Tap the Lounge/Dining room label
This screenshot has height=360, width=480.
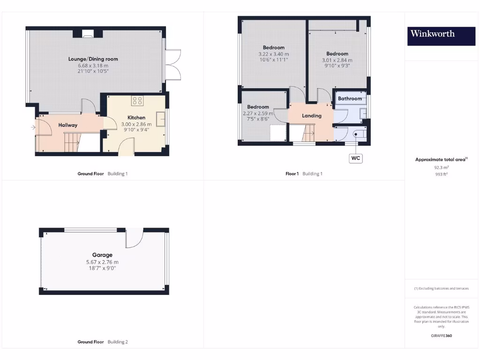click(x=93, y=59)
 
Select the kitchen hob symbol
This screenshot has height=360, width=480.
click(x=137, y=100)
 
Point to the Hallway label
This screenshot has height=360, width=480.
click(x=68, y=125)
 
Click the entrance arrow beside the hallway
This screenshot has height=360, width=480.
click(x=33, y=127)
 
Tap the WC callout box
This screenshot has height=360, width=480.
click(x=356, y=158)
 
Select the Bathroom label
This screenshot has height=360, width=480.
click(x=350, y=98)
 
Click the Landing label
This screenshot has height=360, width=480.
click(x=312, y=116)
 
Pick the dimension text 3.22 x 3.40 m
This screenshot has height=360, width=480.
click(x=274, y=54)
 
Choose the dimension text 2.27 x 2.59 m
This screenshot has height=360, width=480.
click(x=258, y=113)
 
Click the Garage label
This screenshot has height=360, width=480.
click(x=102, y=255)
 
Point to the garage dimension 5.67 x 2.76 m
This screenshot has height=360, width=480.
click(x=102, y=262)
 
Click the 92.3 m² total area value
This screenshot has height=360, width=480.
click(x=441, y=167)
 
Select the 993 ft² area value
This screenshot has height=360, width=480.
click(x=441, y=174)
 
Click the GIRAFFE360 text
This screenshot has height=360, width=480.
click(x=441, y=336)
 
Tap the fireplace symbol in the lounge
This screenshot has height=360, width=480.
click(x=87, y=33)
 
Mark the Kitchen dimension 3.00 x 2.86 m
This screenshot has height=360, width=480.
click(x=136, y=124)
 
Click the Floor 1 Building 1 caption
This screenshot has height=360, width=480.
click(x=304, y=174)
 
